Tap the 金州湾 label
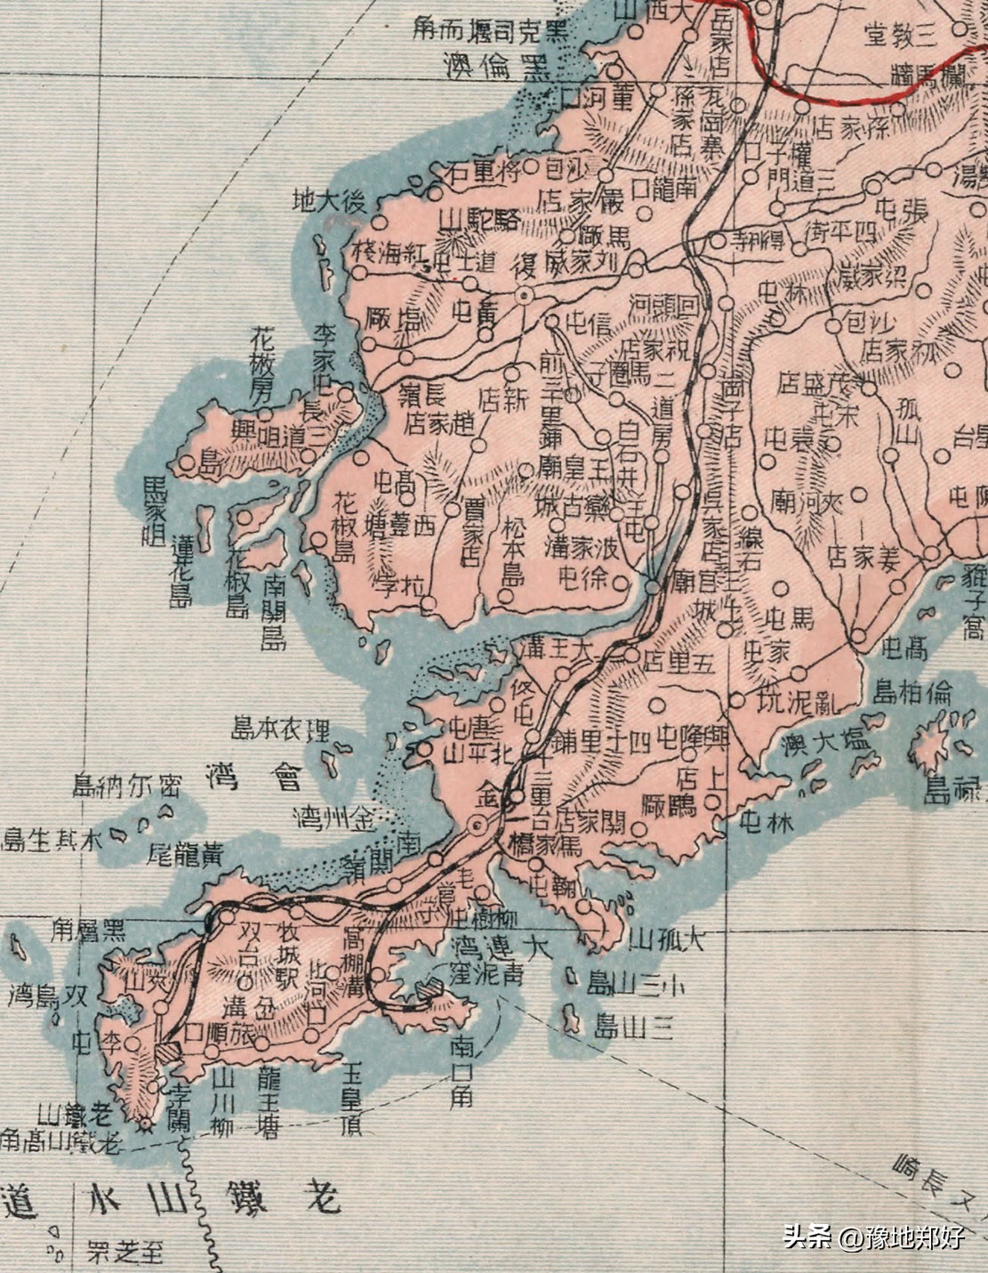(334, 814)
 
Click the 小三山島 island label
(637, 984)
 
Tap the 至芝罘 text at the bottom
(125, 1253)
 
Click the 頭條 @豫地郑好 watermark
(873, 1237)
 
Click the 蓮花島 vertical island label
(181, 571)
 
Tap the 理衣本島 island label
(280, 730)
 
